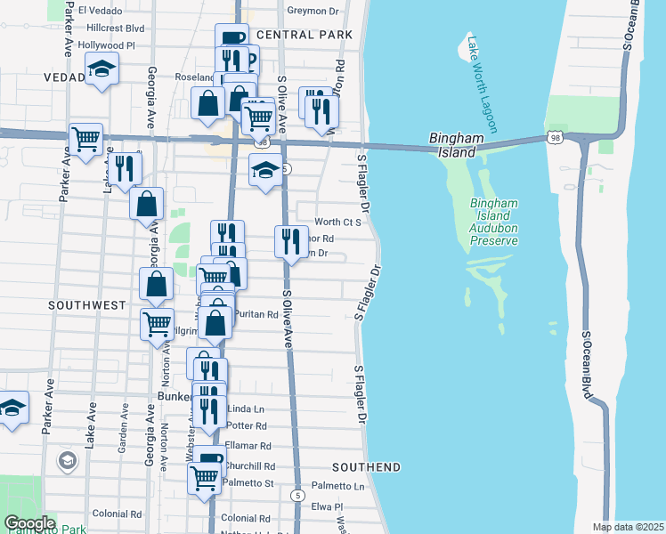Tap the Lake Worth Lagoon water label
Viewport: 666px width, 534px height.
click(x=485, y=85)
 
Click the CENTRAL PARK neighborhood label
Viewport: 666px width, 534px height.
click(x=305, y=35)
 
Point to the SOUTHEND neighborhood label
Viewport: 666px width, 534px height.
click(x=366, y=467)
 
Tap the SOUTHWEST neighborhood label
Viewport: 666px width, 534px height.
click(x=87, y=305)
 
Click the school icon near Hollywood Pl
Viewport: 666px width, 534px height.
click(x=102, y=69)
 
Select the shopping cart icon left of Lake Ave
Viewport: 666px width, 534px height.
click(x=85, y=140)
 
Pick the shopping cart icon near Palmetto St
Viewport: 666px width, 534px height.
click(x=204, y=477)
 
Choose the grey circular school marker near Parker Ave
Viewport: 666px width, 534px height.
click(x=67, y=460)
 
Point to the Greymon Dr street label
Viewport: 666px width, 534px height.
click(x=313, y=12)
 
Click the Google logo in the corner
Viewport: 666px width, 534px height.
click(x=28, y=523)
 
